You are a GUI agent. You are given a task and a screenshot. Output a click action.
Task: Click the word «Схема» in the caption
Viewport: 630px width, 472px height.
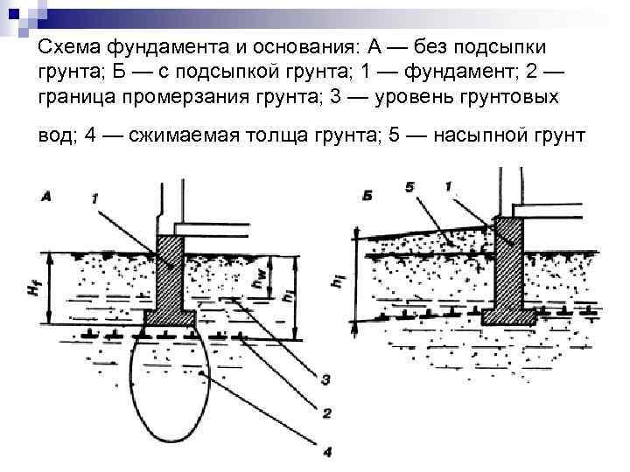coord(70,46)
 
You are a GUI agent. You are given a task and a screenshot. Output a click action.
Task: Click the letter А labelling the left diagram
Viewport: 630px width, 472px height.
coord(45,198)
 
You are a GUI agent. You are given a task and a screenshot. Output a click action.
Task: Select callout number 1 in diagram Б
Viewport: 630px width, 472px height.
coord(447,187)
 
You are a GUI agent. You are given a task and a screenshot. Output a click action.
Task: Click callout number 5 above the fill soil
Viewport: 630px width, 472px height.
coord(410,187)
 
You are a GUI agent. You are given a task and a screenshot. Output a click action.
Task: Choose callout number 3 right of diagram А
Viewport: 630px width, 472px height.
coord(325,379)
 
